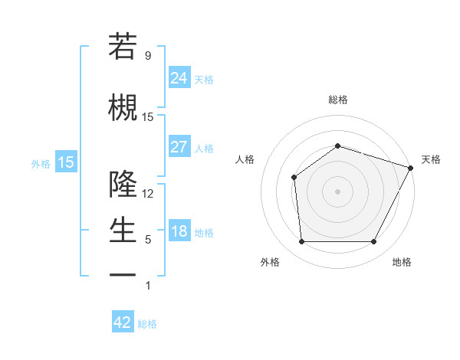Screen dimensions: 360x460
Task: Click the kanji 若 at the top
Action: (123, 47)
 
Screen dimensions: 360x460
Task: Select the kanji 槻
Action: (123, 106)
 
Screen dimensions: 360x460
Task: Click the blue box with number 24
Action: (179, 78)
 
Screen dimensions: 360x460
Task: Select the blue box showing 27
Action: (179, 147)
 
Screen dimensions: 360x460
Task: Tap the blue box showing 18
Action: (179, 231)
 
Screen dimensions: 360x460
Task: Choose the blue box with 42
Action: (123, 322)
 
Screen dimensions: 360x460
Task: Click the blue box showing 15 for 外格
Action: (66, 162)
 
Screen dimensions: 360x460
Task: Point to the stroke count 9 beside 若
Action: (148, 56)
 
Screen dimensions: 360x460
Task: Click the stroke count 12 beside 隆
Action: (148, 193)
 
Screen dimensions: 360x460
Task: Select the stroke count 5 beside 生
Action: (148, 240)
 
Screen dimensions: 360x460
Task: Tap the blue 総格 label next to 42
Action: (147, 324)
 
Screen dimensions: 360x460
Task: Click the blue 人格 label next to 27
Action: (204, 148)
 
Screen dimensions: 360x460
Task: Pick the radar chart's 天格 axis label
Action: (431, 159)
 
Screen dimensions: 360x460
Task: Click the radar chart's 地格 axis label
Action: (401, 262)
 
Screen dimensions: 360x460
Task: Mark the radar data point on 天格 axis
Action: (411, 168)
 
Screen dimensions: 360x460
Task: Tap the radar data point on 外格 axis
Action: (301, 242)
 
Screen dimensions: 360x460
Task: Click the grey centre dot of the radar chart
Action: (337, 191)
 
